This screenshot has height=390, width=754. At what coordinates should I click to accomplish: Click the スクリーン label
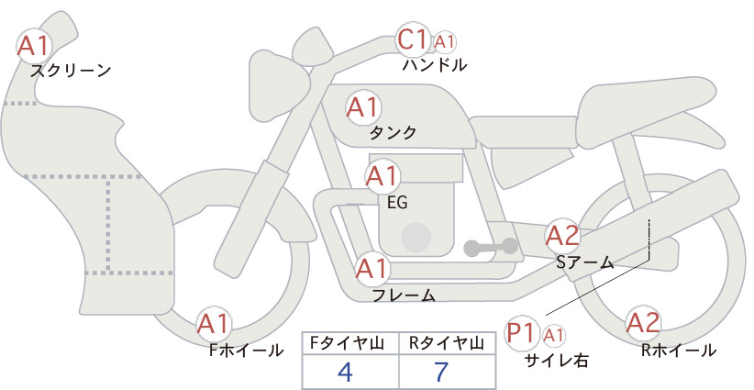tap(71, 71)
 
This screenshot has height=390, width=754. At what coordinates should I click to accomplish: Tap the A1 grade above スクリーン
tap(34, 46)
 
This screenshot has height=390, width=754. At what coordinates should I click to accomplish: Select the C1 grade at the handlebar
tap(413, 39)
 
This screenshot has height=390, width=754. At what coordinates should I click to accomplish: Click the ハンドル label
tap(435, 65)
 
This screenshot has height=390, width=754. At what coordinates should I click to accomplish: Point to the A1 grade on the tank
tap(363, 107)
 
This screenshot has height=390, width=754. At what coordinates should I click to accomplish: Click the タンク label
tap(393, 133)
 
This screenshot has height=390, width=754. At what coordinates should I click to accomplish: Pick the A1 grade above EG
tap(382, 176)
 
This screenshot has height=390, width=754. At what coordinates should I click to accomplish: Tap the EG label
tap(397, 203)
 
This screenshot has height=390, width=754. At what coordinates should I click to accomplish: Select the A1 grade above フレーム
tap(372, 269)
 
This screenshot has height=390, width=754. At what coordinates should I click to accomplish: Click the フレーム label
tap(404, 295)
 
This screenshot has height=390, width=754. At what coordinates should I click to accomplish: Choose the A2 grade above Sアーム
tap(562, 236)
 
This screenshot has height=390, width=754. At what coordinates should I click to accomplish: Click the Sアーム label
tap(585, 262)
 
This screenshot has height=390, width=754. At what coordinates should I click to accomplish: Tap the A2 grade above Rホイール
tap(643, 323)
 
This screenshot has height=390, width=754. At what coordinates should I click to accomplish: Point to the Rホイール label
tap(679, 351)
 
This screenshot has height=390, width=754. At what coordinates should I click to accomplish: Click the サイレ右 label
tap(557, 360)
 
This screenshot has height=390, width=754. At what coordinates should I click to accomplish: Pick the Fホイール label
tap(246, 351)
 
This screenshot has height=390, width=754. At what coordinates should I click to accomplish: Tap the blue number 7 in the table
tap(441, 372)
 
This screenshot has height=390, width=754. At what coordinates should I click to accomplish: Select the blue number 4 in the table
tap(345, 372)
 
